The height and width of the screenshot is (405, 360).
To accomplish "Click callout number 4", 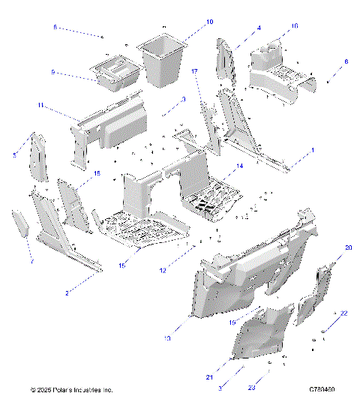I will click(x=259, y=28).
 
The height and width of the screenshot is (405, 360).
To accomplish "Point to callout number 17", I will click(x=194, y=71).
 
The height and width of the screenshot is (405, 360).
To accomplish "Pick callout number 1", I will click(x=313, y=150).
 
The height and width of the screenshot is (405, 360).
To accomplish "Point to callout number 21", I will click(x=211, y=377).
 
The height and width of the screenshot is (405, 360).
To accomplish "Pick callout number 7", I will click(x=31, y=263).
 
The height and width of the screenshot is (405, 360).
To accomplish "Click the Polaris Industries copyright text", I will click(x=71, y=391).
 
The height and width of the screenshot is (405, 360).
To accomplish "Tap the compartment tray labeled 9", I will click(x=116, y=73).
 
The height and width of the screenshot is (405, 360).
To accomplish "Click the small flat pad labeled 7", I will click(x=20, y=223).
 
